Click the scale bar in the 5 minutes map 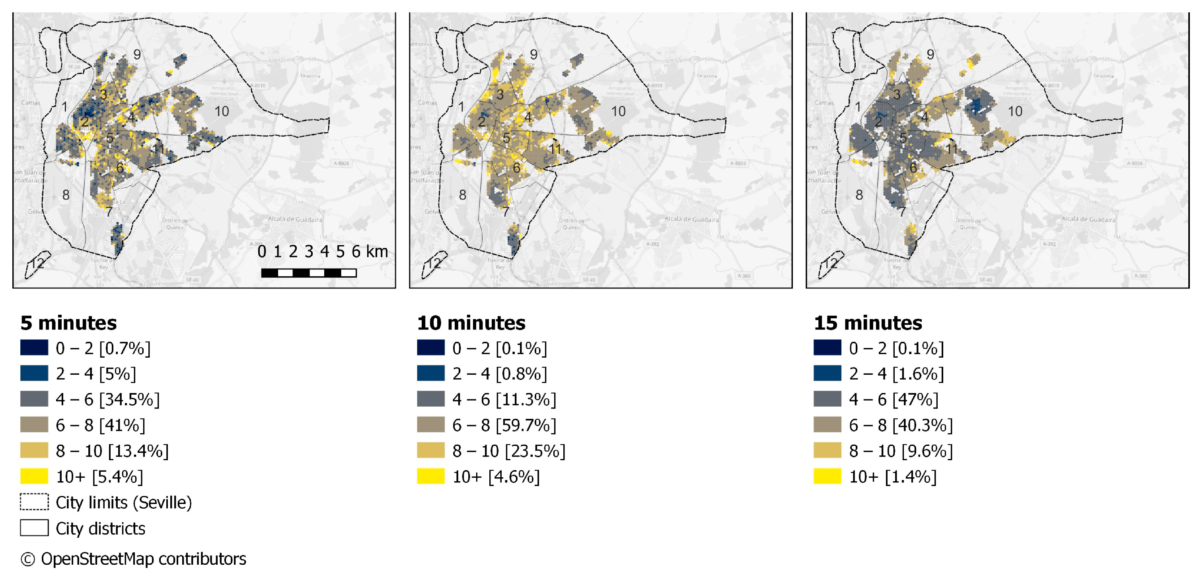(309, 273)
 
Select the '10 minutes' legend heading (471, 323)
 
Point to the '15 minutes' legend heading (868, 323)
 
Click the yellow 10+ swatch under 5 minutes (34, 476)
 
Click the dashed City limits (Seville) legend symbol (34, 502)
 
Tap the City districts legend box (34, 528)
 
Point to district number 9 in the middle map (534, 54)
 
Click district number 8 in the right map (859, 195)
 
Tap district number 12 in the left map (37, 263)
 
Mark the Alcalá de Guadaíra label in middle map (692, 219)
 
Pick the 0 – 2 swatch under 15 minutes (827, 348)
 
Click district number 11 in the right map (951, 149)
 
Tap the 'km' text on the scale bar (377, 252)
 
